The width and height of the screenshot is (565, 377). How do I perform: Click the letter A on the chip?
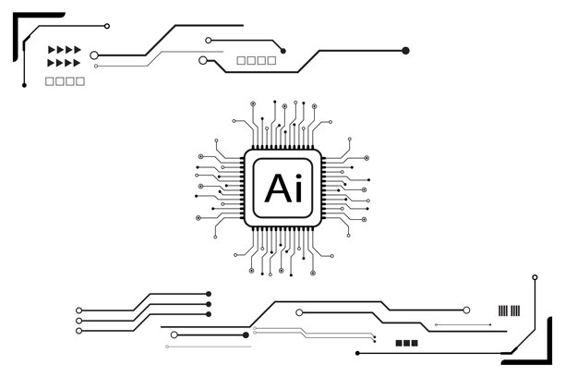point(273,187)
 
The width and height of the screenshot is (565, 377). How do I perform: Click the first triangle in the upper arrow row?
point(52,50)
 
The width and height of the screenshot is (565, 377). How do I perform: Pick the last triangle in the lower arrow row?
point(78,63)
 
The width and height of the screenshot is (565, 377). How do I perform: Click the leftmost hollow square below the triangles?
point(50,81)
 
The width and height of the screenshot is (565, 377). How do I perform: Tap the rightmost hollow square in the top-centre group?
point(271,61)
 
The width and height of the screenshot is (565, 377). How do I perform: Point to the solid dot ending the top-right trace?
point(405,51)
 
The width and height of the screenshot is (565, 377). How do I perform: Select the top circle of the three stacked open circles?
point(79,310)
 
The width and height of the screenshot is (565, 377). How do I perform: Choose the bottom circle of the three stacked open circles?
point(79,330)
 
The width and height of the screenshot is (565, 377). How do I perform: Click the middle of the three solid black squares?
point(406,343)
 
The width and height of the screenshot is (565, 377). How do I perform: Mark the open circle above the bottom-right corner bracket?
point(535,276)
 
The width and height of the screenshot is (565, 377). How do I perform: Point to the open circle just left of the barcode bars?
point(467,310)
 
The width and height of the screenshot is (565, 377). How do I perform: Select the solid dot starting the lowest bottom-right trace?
point(357,353)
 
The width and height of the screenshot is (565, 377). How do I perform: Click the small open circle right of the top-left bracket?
point(107,26)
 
